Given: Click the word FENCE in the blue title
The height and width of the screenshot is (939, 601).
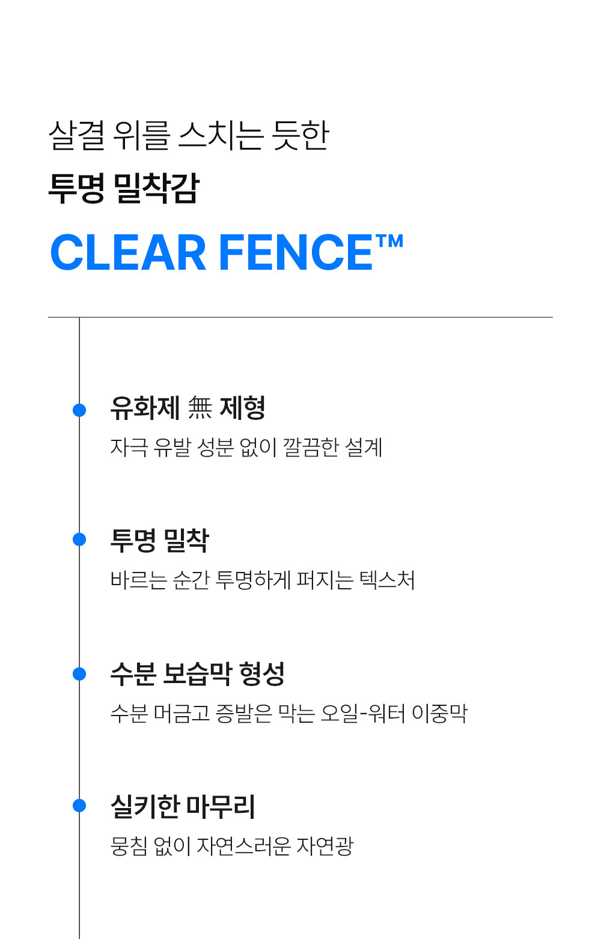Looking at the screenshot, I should click(296, 252).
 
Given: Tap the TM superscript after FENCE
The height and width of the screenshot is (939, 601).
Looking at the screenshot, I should click(389, 242).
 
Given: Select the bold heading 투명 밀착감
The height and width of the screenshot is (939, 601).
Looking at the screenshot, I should click(124, 188).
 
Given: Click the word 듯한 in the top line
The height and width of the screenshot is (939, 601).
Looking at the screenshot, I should click(300, 135).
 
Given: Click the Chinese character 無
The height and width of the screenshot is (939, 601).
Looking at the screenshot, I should click(200, 408).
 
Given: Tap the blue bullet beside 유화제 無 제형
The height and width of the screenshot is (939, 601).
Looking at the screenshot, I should click(79, 410).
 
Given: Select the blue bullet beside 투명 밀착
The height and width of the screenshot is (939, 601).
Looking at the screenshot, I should click(79, 539).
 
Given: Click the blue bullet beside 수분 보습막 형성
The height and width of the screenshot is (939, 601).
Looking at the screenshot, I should click(79, 674).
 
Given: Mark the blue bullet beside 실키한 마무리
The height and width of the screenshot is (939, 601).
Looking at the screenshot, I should click(79, 806).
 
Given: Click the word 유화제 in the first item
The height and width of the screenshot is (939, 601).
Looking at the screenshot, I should click(145, 408).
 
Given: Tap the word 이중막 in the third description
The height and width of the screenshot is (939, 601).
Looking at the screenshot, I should click(439, 713).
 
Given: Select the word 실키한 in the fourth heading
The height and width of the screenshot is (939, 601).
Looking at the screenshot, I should click(145, 806).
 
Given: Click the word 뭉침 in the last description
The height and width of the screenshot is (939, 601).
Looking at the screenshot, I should click(129, 846).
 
